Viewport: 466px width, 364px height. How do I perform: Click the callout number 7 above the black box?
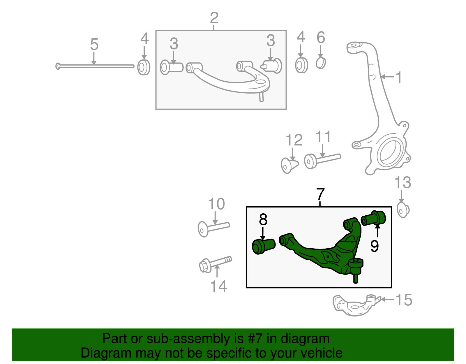point(320,194)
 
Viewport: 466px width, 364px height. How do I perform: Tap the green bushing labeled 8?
point(263,246)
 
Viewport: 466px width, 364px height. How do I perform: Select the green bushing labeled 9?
point(373,219)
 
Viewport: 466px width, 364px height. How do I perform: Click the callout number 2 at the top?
point(214,18)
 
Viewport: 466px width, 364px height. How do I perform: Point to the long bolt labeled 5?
point(95,66)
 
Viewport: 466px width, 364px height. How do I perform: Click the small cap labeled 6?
point(321,63)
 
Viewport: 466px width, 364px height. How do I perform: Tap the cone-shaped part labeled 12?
point(290,165)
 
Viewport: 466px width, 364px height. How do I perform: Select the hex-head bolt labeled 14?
point(215,263)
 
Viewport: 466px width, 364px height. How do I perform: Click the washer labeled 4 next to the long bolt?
point(144,67)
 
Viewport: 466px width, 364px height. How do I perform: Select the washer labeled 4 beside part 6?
point(301,65)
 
